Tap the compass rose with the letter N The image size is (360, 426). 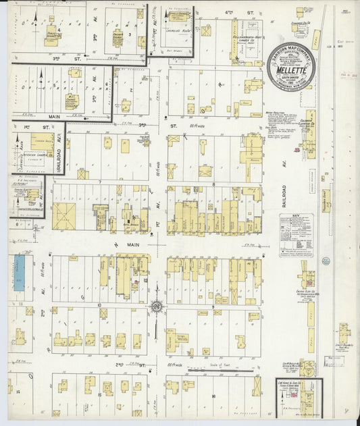pos(156,307)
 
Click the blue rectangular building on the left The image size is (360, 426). pos(19,273)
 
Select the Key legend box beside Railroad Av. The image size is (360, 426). pos(297,234)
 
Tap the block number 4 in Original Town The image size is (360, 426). pos(60,30)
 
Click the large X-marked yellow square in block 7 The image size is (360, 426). pos(65,215)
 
